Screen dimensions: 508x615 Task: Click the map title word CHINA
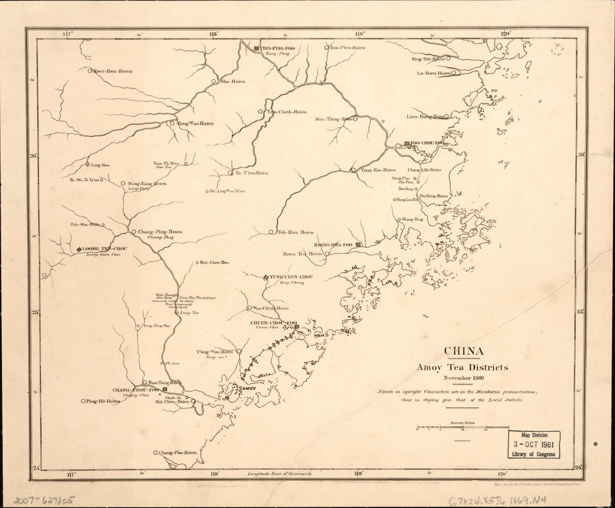click(463, 351)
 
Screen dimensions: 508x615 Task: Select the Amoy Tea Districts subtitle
click(462, 368)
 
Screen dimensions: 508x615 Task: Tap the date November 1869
click(462, 378)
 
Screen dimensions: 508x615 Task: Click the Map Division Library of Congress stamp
click(534, 445)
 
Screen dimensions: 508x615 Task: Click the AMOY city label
click(248, 388)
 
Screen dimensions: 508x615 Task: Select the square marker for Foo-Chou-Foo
click(407, 144)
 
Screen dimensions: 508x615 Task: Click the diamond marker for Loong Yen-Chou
click(79, 249)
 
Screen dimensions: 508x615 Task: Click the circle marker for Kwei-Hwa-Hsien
click(89, 70)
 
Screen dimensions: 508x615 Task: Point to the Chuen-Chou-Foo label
click(272, 323)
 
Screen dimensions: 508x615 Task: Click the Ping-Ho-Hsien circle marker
click(83, 401)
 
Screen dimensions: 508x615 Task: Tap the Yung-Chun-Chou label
click(291, 277)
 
